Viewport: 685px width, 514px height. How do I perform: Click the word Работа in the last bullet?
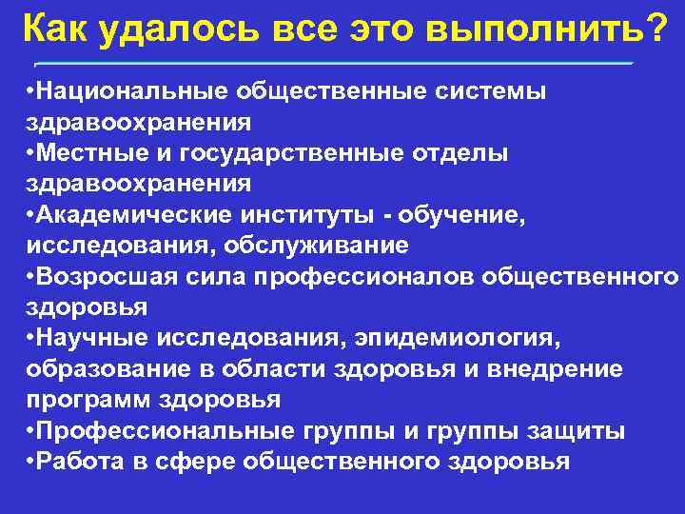click(72, 462)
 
